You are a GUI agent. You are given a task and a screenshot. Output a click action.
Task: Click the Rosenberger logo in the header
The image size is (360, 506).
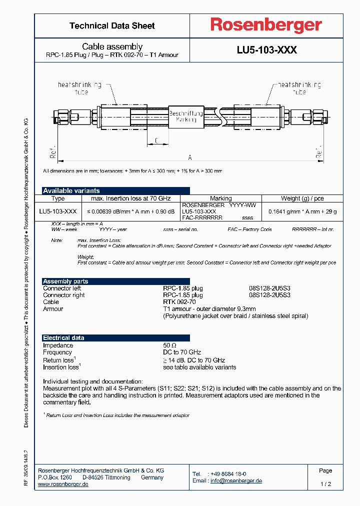(266, 25)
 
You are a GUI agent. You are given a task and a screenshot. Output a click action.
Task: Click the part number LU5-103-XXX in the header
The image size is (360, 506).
(266, 50)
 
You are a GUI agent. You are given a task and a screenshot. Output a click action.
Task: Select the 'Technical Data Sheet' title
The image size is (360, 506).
(112, 25)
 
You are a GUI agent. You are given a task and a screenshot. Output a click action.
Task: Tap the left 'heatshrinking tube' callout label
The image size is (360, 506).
(80, 88)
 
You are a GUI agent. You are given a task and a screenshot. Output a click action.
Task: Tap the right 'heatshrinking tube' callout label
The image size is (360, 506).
(299, 88)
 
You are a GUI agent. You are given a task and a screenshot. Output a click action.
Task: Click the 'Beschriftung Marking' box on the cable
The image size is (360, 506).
(185, 117)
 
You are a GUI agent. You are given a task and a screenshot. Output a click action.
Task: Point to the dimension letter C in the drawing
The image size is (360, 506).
(156, 141)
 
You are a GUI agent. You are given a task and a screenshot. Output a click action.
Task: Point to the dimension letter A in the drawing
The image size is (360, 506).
(189, 155)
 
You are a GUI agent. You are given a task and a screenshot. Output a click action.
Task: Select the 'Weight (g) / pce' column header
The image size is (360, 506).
(302, 198)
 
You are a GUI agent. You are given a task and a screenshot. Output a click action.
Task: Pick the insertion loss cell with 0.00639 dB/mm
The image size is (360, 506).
(131, 211)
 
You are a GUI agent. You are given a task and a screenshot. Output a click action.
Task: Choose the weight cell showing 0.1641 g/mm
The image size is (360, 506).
(302, 211)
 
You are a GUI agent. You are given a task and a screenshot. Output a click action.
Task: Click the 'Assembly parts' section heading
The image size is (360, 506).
(65, 281)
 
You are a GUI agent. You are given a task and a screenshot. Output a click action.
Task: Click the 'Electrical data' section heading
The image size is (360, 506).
(63, 338)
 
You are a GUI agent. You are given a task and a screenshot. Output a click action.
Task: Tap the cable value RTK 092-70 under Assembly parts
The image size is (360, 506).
(179, 302)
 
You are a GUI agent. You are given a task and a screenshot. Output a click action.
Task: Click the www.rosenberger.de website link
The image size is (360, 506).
(63, 484)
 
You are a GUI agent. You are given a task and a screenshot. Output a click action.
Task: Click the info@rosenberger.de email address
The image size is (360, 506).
(236, 480)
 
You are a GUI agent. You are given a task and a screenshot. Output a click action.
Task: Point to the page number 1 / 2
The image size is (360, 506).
(325, 484)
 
